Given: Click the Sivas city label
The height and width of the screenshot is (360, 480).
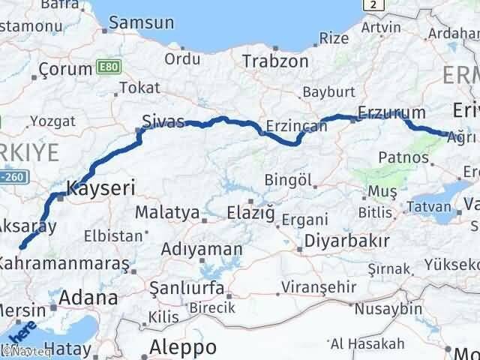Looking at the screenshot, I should point(163,121).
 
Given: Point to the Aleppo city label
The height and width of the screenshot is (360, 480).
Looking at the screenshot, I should point(184,346).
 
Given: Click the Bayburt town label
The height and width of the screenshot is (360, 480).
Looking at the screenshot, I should point(327,94).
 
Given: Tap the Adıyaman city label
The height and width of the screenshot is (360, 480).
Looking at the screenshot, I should point(205,249).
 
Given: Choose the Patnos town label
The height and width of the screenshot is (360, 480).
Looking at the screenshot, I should point(403,157).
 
